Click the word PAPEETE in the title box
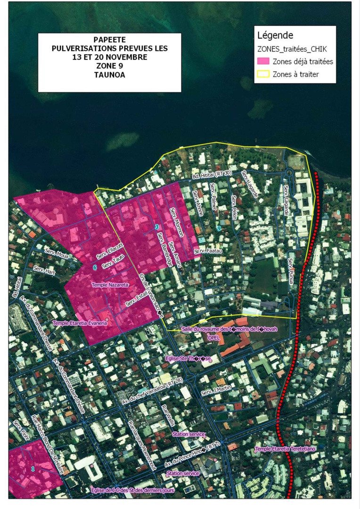(109, 40)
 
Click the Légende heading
(275, 35)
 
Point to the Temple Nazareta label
(110, 285)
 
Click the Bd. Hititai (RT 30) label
(212, 175)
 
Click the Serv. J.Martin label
(216, 390)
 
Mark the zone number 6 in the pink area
(95, 267)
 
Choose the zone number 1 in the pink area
(33, 469)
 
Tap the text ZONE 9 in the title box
(109, 65)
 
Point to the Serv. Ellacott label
(109, 251)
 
